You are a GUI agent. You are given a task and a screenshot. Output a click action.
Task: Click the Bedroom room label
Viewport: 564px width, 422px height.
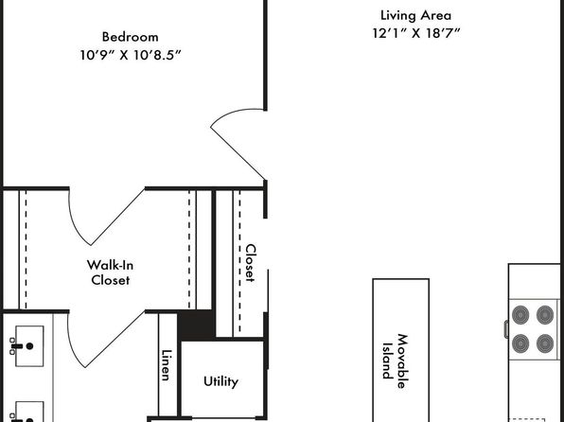click(x=131, y=37)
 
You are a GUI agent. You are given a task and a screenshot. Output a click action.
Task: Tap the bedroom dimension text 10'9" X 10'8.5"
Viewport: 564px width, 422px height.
click(x=131, y=55)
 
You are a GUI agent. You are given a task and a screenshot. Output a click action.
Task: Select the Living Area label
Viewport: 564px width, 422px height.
click(x=415, y=15)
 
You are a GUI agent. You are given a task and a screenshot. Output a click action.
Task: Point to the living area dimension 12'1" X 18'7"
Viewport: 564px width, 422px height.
click(x=416, y=33)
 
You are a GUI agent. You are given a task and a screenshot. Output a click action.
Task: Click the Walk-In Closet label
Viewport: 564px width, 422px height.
click(x=110, y=273)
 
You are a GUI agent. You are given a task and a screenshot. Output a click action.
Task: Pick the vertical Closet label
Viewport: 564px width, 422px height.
click(x=251, y=263)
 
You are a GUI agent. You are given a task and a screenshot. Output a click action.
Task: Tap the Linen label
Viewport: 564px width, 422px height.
click(x=167, y=365)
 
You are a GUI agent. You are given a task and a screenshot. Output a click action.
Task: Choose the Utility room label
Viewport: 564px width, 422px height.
click(x=220, y=381)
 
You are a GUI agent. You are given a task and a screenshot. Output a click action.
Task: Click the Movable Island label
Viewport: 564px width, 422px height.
click(x=395, y=361)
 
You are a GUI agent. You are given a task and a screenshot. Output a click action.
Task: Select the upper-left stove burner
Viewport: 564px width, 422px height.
click(x=520, y=315)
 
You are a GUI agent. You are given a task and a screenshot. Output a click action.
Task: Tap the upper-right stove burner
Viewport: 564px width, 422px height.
click(x=545, y=315)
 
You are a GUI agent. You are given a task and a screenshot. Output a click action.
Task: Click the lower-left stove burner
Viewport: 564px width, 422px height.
click(x=520, y=343)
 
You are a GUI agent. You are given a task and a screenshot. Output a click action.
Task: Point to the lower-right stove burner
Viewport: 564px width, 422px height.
click(x=545, y=343)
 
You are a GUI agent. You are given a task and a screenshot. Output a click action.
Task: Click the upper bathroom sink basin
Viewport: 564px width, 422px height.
click(x=29, y=346)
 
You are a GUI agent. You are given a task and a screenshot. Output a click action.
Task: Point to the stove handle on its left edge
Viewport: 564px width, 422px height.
click(x=506, y=329)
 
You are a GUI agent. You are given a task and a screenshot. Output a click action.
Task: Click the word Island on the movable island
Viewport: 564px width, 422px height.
click(x=387, y=361)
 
